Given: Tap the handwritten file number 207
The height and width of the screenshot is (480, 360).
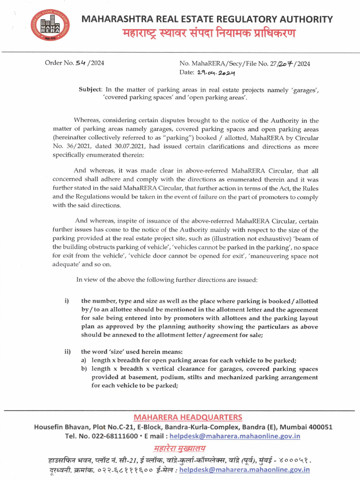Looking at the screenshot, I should pyautogui.click(x=286, y=64).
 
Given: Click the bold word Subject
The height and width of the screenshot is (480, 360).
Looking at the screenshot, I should pyautogui.click(x=90, y=90).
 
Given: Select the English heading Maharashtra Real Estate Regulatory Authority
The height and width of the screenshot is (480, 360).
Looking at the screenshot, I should pyautogui.click(x=207, y=19).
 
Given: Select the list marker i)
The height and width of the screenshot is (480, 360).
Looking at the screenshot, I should pyautogui.click(x=67, y=301).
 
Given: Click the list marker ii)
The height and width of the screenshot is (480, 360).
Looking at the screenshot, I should pyautogui.click(x=67, y=351).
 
